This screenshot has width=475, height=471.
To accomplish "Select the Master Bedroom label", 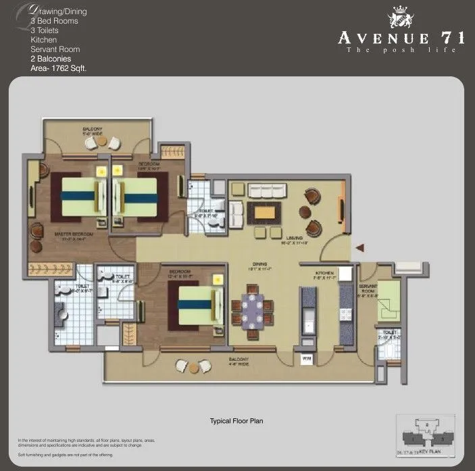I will tap(72, 235).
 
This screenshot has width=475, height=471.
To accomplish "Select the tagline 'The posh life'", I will tap(401, 51).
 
